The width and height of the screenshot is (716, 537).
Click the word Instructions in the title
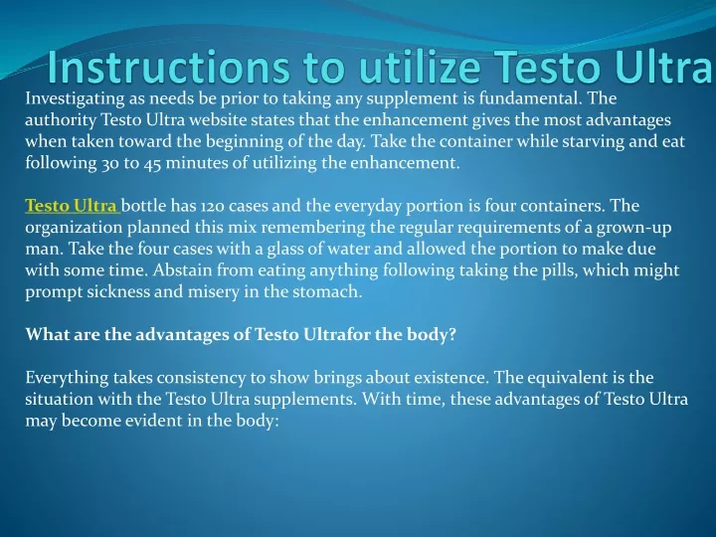[x=168, y=68]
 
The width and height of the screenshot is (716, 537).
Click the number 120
[x=213, y=207]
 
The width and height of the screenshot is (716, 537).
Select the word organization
[x=74, y=229]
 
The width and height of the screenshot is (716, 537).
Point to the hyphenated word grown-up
[x=633, y=229]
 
